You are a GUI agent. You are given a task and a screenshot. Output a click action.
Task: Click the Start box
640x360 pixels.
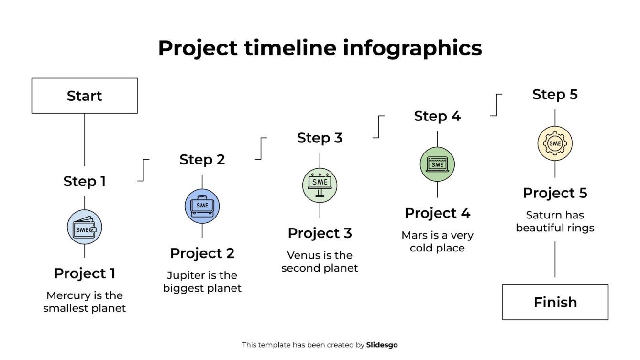coord(85,96)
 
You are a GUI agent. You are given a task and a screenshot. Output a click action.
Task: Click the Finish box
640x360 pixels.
coord(555,302)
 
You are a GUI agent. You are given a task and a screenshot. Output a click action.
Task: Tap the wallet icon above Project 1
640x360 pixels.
coord(85,228)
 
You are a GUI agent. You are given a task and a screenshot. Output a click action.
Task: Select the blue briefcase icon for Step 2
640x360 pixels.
coord(202,206)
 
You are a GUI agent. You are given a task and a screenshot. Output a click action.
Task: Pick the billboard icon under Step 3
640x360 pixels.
coord(320,185)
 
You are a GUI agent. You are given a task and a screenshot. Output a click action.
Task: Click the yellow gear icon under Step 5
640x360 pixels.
coord(555,143)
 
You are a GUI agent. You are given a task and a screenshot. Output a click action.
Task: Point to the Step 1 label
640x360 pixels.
coord(85,182)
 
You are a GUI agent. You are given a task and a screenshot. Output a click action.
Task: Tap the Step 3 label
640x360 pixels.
coord(320,138)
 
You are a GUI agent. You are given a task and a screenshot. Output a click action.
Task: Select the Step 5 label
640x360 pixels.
coord(555,95)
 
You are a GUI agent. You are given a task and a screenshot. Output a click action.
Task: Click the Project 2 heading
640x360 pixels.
coord(202,253)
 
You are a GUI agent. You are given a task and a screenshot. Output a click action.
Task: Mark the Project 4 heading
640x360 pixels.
coord(437,213)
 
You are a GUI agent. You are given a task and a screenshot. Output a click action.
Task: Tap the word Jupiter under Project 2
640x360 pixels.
coord(183,275)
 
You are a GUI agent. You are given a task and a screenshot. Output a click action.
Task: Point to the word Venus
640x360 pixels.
coord(303,255)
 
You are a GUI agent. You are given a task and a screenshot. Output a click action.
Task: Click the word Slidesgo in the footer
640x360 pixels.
coord(382,345)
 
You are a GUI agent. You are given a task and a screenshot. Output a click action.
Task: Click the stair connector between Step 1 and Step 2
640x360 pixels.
coord(143,170)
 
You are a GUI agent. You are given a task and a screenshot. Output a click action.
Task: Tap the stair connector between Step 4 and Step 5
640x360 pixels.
coord(496,105)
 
